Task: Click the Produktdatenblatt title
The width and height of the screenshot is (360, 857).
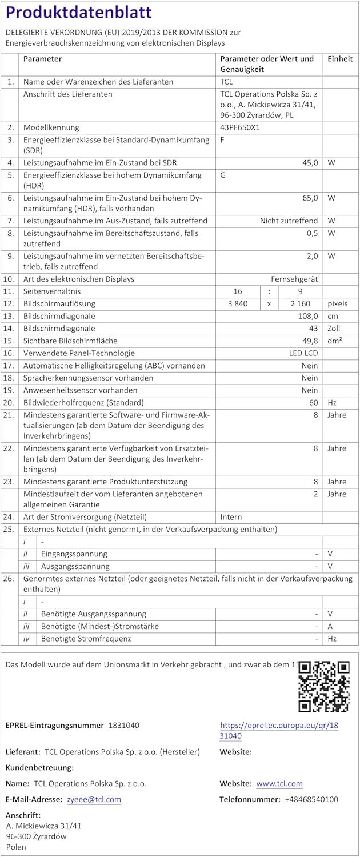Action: tap(79, 13)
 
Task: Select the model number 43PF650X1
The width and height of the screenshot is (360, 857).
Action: tap(240, 127)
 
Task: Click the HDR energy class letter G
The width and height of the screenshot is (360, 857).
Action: tap(223, 175)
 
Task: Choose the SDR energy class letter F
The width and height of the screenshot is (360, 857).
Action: tap(222, 140)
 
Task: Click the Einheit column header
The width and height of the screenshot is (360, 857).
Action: tap(340, 59)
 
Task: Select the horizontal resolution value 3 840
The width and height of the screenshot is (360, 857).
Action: tap(237, 304)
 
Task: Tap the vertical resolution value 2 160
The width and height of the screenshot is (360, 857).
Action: tap(301, 304)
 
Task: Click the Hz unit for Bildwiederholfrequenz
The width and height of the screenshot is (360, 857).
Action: tap(332, 403)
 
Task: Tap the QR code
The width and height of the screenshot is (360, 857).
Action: tap(324, 686)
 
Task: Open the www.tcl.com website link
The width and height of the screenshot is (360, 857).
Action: tap(279, 784)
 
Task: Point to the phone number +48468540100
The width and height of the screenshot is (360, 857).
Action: tap(311, 800)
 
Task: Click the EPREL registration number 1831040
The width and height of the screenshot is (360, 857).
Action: tap(123, 726)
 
